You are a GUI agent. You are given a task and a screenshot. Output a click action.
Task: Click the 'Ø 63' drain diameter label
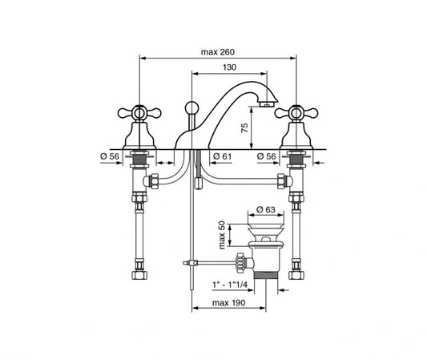tap(270, 211)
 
